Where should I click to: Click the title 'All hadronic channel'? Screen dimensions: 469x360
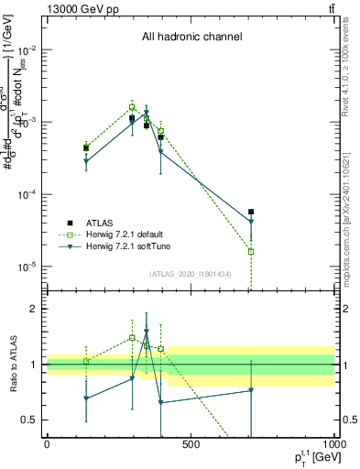[191, 38]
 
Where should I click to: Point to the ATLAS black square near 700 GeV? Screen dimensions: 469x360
[251, 212]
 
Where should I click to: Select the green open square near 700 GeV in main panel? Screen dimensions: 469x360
[251, 251]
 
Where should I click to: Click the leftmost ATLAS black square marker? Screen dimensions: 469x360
[86, 147]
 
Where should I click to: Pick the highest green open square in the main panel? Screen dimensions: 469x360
[132, 107]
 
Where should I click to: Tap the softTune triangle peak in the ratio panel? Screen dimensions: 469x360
[147, 333]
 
